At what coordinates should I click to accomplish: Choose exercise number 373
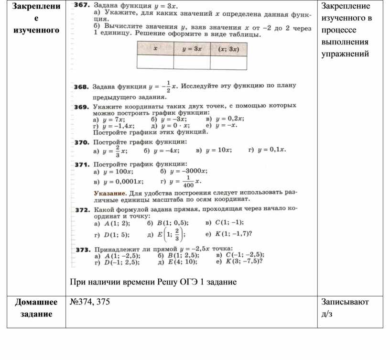point(84,250)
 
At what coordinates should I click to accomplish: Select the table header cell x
point(155,49)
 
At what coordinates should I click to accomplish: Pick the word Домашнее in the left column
point(36,302)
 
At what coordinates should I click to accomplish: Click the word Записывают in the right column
point(345,302)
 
